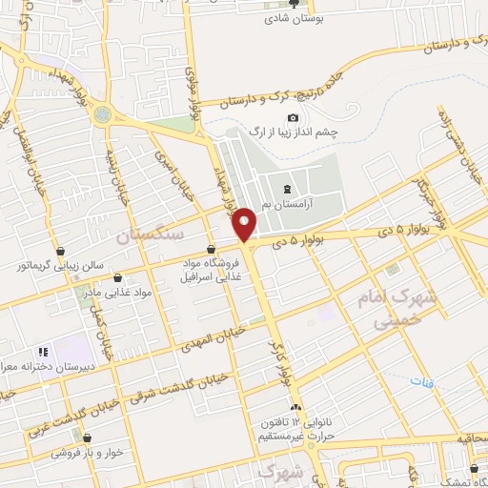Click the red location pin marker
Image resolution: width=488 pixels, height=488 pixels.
point(245,224)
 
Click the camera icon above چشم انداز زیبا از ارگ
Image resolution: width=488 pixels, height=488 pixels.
point(266,117)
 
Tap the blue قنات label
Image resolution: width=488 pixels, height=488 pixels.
point(421,382)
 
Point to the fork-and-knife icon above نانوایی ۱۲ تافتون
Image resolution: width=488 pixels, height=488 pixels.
point(295,404)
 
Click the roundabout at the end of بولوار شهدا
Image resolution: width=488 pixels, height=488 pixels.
point(102,115)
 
